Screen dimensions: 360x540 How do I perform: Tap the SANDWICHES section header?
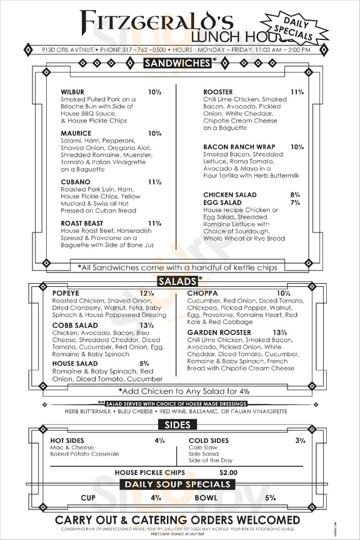coord(177,62)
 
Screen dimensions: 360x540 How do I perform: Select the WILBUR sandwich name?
coord(72,92)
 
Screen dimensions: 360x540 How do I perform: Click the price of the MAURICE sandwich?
coord(155,133)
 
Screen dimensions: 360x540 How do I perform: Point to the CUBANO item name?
coord(76,182)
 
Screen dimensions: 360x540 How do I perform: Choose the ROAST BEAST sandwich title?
coord(82,223)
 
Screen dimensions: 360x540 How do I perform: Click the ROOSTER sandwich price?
coord(297,92)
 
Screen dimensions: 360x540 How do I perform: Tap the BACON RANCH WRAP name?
coord(239,147)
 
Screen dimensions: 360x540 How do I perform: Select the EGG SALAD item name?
coord(222,203)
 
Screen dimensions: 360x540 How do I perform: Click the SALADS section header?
coord(177,280)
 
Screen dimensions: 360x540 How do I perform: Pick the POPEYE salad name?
coord(65,293)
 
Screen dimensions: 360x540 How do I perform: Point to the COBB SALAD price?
coord(147,326)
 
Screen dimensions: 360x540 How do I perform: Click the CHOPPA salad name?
coord(201,293)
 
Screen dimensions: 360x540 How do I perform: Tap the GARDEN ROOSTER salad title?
coord(219,332)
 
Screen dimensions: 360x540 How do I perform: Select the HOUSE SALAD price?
coord(144,363)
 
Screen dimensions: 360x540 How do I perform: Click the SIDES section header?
coord(177,425)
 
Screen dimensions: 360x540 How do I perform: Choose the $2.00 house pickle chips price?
coord(228,472)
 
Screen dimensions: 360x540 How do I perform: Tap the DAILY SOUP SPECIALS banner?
coord(177,484)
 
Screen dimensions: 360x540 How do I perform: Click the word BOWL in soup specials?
coord(206,498)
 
